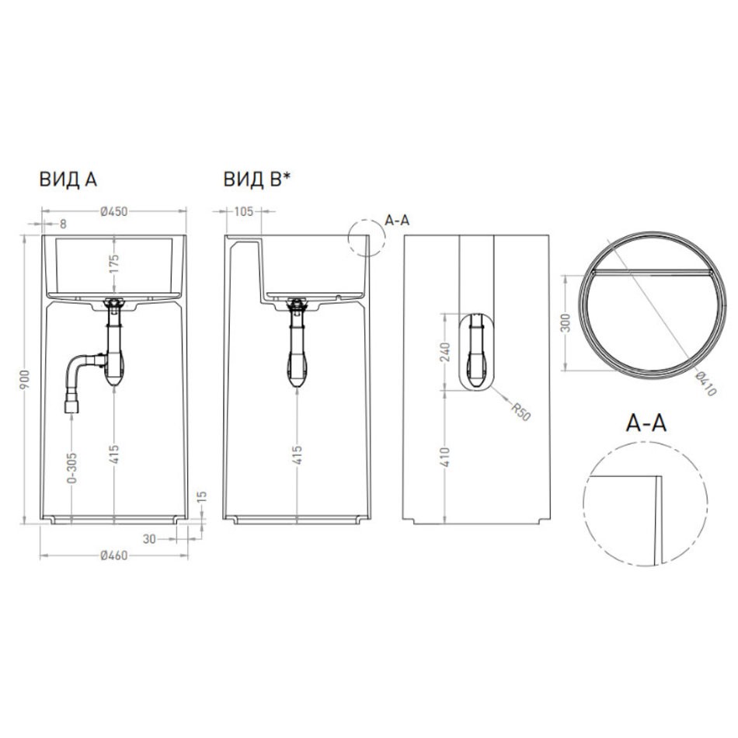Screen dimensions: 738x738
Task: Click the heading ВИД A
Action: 68,179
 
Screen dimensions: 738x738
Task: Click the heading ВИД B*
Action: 257,179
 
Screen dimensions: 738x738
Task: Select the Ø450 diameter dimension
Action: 114,211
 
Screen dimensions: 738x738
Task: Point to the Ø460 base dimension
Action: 114,556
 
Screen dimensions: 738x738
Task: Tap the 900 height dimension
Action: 25,380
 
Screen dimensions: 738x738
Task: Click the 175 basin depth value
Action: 114,264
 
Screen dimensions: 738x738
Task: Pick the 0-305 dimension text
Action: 71,468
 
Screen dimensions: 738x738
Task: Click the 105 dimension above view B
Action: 243,211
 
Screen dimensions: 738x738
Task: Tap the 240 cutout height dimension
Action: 446,353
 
